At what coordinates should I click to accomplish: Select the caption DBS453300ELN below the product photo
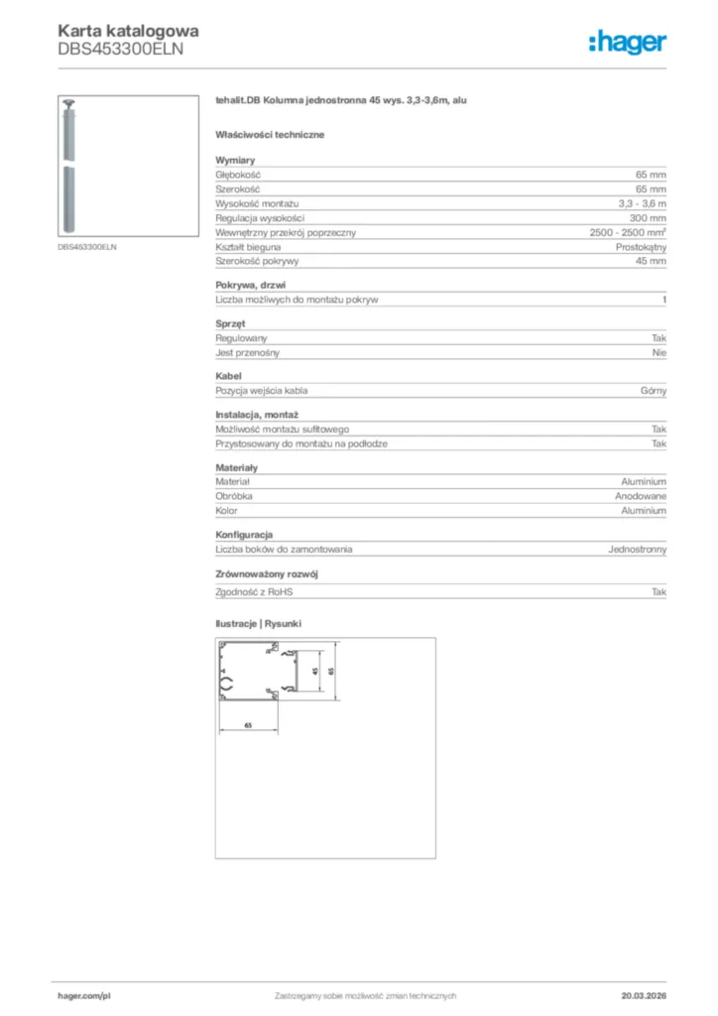click(x=87, y=247)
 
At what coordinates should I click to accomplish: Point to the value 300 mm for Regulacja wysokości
click(x=648, y=217)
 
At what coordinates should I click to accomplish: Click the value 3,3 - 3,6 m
click(x=642, y=202)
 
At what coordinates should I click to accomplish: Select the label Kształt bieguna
click(x=248, y=246)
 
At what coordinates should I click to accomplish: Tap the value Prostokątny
click(x=641, y=246)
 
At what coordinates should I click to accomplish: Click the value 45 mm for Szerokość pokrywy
click(x=651, y=261)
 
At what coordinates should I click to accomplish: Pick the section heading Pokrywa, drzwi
click(x=251, y=285)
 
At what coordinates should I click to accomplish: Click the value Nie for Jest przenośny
click(x=658, y=352)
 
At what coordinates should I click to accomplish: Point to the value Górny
click(x=654, y=391)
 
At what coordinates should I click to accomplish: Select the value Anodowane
click(x=641, y=495)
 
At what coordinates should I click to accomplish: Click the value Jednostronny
click(x=637, y=549)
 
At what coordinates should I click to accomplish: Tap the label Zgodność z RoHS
click(x=255, y=591)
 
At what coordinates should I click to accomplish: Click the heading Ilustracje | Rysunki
click(x=258, y=623)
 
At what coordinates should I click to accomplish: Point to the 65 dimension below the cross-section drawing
click(x=248, y=726)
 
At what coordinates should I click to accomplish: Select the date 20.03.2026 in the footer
click(x=643, y=995)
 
